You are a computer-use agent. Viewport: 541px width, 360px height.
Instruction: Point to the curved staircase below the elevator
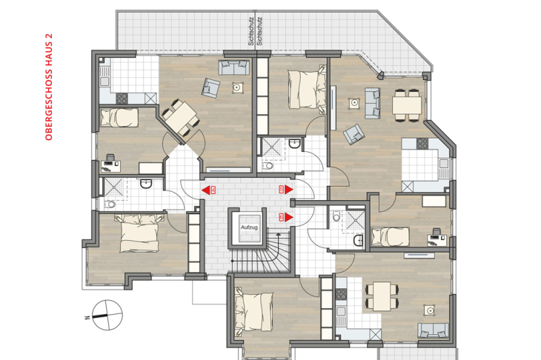pos(265,255)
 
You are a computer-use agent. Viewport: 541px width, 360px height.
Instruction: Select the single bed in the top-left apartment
pos(119,117)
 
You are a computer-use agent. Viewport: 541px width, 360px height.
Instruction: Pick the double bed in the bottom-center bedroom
pos(254,308)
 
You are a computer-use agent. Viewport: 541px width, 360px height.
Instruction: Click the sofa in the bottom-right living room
pos(431,330)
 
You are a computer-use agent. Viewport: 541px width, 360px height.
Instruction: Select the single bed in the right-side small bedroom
pos(391,236)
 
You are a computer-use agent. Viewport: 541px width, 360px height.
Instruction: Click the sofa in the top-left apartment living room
pos(232,67)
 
